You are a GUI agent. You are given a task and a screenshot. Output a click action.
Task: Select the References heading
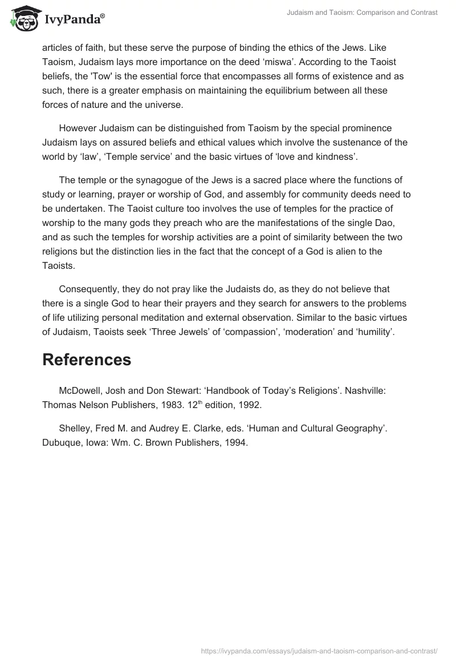[x=87, y=360]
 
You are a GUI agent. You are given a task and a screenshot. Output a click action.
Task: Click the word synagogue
[x=151, y=180]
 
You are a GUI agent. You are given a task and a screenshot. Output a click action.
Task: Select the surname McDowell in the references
[x=81, y=390]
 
